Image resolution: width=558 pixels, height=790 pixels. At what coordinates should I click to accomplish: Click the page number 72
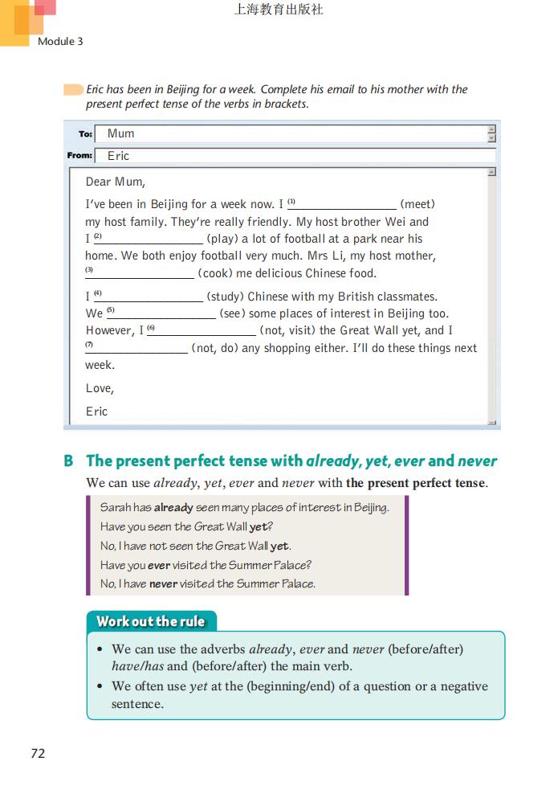pyautogui.click(x=38, y=753)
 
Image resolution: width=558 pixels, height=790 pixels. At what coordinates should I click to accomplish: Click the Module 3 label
pyautogui.click(x=60, y=41)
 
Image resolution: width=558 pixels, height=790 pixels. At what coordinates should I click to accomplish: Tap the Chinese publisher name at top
pyautogui.click(x=279, y=10)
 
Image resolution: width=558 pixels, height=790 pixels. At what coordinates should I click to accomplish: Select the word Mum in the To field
pyautogui.click(x=121, y=133)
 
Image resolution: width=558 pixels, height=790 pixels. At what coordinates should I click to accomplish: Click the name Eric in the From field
pyautogui.click(x=119, y=156)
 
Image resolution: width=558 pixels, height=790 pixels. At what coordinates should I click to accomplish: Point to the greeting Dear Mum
pyautogui.click(x=116, y=182)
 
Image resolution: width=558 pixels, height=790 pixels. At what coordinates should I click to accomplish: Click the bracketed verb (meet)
pyautogui.click(x=417, y=204)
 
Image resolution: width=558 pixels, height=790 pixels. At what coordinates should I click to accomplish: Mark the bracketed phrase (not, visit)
pyautogui.click(x=287, y=330)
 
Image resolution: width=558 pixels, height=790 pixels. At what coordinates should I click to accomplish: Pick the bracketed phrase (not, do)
pyautogui.click(x=216, y=348)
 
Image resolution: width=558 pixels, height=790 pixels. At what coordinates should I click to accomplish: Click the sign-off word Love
pyautogui.click(x=100, y=389)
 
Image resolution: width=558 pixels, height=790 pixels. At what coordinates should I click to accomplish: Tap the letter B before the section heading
pyautogui.click(x=68, y=461)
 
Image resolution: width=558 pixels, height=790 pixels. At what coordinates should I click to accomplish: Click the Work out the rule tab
pyautogui.click(x=151, y=621)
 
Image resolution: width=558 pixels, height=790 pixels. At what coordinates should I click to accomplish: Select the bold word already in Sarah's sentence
pyautogui.click(x=173, y=508)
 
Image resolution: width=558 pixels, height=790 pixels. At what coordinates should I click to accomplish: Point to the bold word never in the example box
pyautogui.click(x=163, y=584)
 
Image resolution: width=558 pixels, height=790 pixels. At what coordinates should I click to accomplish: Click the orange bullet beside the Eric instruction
pyautogui.click(x=73, y=89)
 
